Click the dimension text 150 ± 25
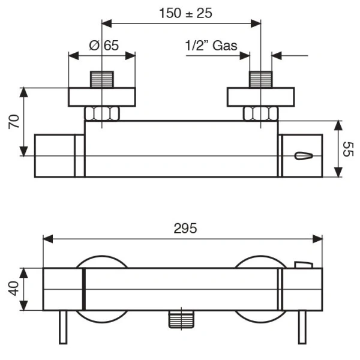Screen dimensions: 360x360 point(181,14)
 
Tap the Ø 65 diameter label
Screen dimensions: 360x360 point(103,46)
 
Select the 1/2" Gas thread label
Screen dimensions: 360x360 point(211,46)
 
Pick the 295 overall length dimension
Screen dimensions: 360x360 point(185,229)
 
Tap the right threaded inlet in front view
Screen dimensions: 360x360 point(260,79)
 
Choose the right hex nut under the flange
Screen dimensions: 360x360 point(260,113)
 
